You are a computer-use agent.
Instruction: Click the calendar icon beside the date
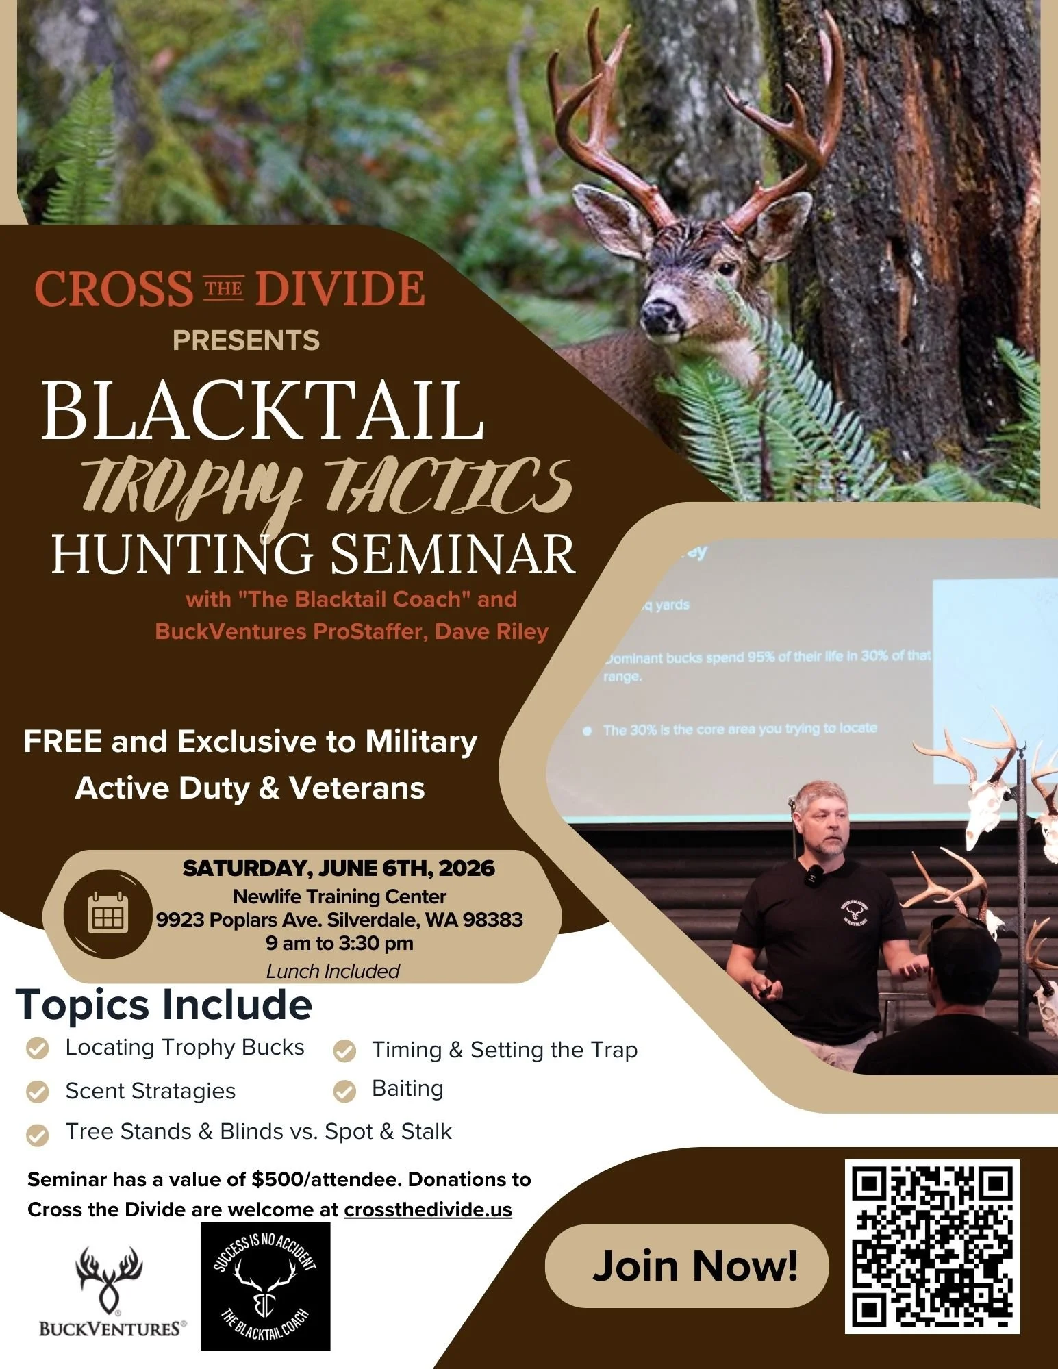tap(108, 914)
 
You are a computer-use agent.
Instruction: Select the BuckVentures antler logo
tap(110, 1274)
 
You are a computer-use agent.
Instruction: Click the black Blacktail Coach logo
tap(265, 1286)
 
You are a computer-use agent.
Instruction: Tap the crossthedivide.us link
tap(428, 1209)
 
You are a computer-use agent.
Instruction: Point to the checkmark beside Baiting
tap(344, 1092)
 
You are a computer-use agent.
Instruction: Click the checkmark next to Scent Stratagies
tap(37, 1092)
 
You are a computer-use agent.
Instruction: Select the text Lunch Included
tap(333, 971)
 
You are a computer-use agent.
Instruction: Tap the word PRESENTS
tap(246, 340)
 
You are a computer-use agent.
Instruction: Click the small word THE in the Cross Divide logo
tap(224, 288)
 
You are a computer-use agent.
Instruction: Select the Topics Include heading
tap(164, 1005)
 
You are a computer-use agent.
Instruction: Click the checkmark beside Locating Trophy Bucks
tap(37, 1048)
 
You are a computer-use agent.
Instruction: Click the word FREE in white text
tap(62, 742)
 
